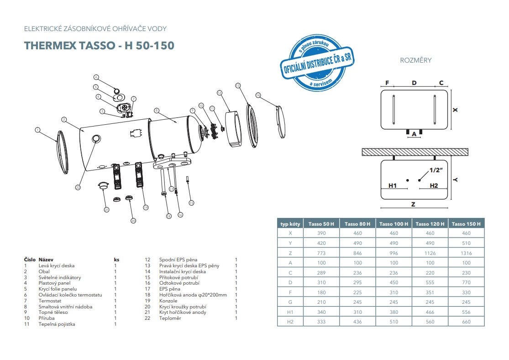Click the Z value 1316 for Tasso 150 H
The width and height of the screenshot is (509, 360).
pyautogui.click(x=466, y=253)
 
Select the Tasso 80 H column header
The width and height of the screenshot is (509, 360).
pyautogui.click(x=357, y=224)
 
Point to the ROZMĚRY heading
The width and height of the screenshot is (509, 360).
pyautogui.click(x=415, y=60)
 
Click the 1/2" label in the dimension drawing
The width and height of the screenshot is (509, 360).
pyautogui.click(x=436, y=170)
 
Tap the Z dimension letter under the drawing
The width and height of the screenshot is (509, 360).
pyautogui.click(x=413, y=205)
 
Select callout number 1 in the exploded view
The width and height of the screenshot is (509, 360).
pyautogui.click(x=37, y=130)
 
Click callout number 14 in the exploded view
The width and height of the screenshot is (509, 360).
pyautogui.click(x=258, y=95)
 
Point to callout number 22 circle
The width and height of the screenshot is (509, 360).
pyautogui.click(x=78, y=187)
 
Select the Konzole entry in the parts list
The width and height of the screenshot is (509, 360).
pyautogui.click(x=168, y=301)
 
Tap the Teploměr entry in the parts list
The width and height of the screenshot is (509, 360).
pyautogui.click(x=170, y=318)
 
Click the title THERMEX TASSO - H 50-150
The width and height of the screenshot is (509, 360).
pyautogui.click(x=99, y=46)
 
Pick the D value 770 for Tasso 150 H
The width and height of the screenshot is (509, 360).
pyautogui.click(x=466, y=283)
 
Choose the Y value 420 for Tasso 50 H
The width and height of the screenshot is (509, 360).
pyautogui.click(x=322, y=243)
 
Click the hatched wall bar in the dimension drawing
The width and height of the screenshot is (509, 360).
pyautogui.click(x=415, y=152)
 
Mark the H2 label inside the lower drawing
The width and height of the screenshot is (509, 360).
pyautogui.click(x=433, y=185)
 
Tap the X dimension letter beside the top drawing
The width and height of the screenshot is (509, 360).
pyautogui.click(x=455, y=110)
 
